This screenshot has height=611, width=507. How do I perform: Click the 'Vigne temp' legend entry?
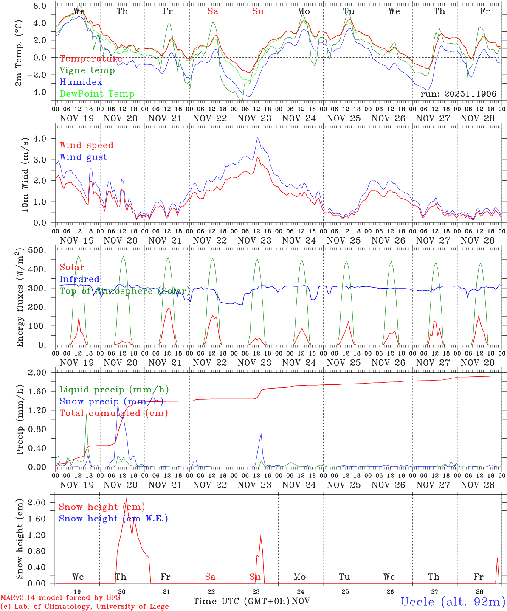[x=87, y=70]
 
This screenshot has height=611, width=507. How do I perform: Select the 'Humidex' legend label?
[x=81, y=82]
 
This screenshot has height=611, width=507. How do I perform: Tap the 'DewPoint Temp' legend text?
[x=97, y=94]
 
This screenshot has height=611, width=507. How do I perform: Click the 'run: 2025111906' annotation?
[x=458, y=94]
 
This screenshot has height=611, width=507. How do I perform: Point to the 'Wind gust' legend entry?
[x=83, y=157]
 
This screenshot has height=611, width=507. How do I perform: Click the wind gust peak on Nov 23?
[x=257, y=138]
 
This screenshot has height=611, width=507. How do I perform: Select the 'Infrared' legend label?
[x=79, y=279]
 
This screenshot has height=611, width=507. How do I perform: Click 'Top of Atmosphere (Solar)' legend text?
[x=124, y=291]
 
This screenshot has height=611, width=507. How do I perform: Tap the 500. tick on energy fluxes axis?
[x=44, y=250]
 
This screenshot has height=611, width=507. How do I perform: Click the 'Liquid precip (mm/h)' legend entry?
[x=114, y=390]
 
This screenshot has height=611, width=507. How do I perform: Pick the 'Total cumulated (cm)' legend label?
[x=113, y=413]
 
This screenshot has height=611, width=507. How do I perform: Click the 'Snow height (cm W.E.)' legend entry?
[x=113, y=519]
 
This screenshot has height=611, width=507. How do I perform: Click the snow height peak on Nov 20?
[x=126, y=499]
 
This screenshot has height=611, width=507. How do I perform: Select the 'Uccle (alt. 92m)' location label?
[x=453, y=602]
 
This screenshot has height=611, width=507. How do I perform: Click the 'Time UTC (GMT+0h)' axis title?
[x=241, y=601]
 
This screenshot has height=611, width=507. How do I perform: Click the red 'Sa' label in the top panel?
[x=213, y=11]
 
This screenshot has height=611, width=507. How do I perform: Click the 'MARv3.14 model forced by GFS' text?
[x=60, y=598]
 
